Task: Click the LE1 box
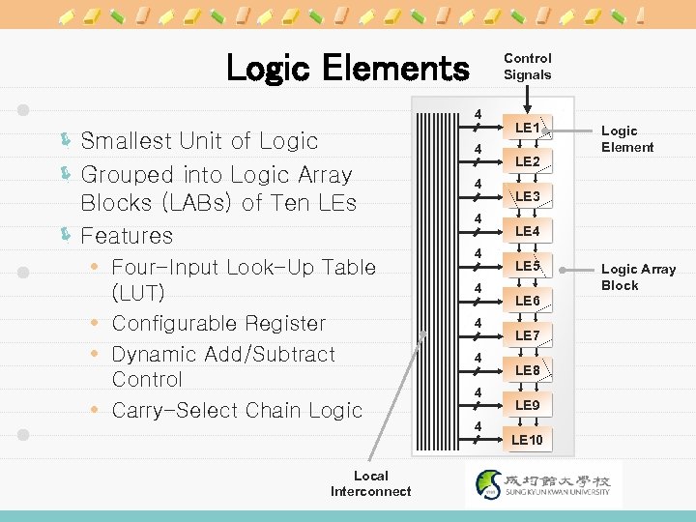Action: (x=527, y=127)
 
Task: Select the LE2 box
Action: (x=527, y=161)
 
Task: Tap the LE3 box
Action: (x=527, y=196)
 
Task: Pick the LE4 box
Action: (x=527, y=231)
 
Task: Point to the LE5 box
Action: (x=527, y=266)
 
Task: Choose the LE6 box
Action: (x=527, y=301)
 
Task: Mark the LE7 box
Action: (x=527, y=335)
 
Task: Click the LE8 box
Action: (x=527, y=370)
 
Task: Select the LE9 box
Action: (x=527, y=405)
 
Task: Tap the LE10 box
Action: (x=527, y=440)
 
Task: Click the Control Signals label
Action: (x=528, y=67)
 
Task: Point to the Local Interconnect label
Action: (x=371, y=483)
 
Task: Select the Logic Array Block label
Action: (x=638, y=277)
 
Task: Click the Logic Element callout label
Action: (x=627, y=139)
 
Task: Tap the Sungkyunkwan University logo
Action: (x=544, y=483)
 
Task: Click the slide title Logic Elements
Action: (x=346, y=69)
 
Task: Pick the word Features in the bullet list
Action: (x=127, y=236)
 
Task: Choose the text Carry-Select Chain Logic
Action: (x=237, y=411)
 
